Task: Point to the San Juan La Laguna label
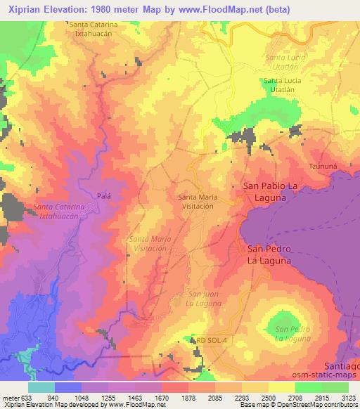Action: pos(205,297)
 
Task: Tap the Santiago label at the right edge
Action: pos(342,366)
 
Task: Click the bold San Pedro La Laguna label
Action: pos(268,254)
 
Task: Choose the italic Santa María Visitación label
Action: pos(148,244)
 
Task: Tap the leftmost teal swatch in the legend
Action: pos(41,387)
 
